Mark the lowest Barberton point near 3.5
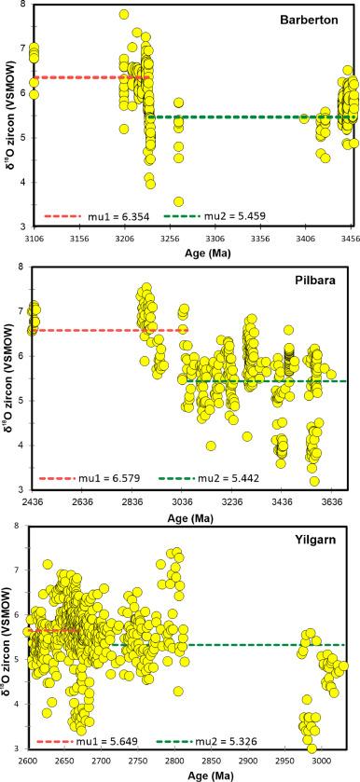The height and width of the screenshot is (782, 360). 178,201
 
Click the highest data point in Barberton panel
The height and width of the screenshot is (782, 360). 124,14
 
